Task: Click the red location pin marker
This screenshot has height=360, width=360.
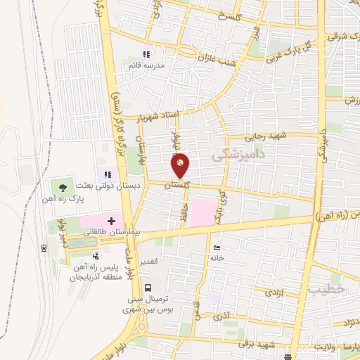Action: click(181, 165)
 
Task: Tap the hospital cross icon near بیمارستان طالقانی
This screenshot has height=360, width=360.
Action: click(111, 221)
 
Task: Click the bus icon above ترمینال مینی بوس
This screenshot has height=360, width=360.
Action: click(147, 287)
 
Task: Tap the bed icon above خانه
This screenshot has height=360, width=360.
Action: click(217, 248)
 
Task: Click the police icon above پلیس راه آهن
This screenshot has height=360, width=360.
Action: click(95, 255)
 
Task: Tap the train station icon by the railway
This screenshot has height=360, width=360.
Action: click(44, 247)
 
